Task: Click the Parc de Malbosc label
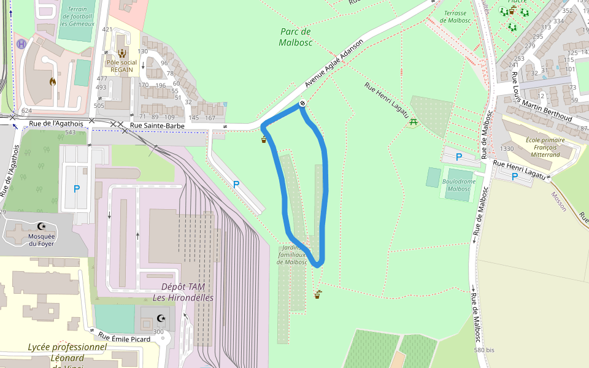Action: (x=296, y=37)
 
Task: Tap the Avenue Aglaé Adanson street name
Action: (x=334, y=63)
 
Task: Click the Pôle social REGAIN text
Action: (x=121, y=66)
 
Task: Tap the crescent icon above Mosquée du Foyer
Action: (x=41, y=226)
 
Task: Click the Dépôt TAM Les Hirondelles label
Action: (x=183, y=292)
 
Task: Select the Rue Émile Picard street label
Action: (x=125, y=337)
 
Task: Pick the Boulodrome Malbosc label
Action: (x=458, y=185)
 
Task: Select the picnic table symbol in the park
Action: (x=414, y=122)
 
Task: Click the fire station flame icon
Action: (x=53, y=81)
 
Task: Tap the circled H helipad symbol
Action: (x=21, y=44)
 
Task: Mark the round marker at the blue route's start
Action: (x=302, y=103)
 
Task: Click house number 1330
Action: (x=507, y=149)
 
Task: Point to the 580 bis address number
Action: (x=484, y=350)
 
